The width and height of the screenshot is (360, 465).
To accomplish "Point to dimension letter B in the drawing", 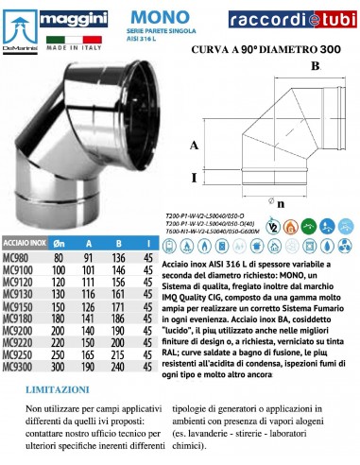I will (x=316, y=64).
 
